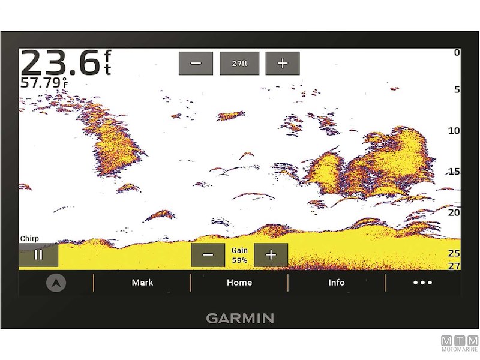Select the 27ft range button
(239, 64)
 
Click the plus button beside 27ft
(283, 64)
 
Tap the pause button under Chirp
(38, 255)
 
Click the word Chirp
(29, 239)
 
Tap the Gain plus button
(271, 255)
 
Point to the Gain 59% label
(239, 255)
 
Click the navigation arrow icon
(56, 283)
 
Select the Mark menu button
(142, 283)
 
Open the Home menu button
(239, 283)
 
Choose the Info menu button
(337, 283)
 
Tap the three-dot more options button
(422, 283)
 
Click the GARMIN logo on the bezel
(240, 318)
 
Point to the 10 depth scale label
(454, 131)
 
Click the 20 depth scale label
(454, 212)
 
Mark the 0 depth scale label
(457, 53)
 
